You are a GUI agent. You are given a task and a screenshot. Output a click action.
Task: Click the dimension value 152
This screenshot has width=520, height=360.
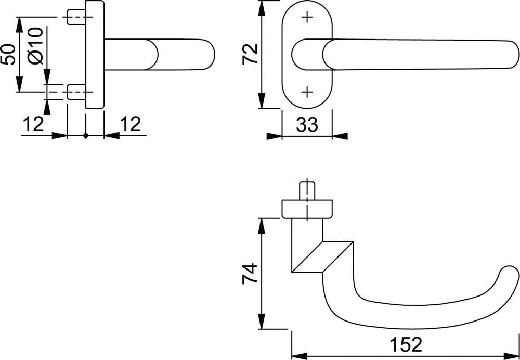[406, 345]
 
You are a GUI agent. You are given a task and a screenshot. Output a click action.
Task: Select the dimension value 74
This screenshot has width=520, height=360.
[250, 274]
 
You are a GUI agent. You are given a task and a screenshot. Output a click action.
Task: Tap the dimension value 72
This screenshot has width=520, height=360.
[250, 54]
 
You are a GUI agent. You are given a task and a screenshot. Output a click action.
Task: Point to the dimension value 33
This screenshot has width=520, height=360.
[307, 125]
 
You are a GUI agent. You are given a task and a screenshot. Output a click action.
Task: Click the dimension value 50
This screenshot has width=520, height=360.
[9, 54]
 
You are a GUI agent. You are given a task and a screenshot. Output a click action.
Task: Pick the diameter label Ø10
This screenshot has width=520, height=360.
[36, 46]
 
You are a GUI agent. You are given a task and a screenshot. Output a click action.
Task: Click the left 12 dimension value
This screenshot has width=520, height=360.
[33, 124]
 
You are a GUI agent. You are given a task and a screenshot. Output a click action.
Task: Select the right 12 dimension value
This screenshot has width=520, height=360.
[131, 124]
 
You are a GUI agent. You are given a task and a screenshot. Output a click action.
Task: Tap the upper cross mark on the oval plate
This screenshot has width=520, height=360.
[307, 17]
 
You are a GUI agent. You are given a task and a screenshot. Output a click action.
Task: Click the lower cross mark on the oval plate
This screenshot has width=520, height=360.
[307, 92]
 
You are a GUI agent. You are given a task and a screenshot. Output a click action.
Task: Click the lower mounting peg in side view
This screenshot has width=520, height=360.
[76, 92]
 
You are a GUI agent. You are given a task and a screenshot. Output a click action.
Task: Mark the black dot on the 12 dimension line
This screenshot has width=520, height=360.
[86, 135]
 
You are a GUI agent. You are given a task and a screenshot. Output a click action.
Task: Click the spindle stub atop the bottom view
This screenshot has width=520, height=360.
[307, 190]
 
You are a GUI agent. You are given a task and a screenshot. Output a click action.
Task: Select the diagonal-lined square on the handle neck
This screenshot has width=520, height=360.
[322, 257]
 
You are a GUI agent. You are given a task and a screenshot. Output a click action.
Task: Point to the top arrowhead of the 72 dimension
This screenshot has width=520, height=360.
[262, 8]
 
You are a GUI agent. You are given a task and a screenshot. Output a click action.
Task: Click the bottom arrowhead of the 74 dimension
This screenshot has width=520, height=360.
[262, 321]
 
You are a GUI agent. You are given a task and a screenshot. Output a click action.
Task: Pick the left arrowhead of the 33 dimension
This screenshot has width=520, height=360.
[274, 136]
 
